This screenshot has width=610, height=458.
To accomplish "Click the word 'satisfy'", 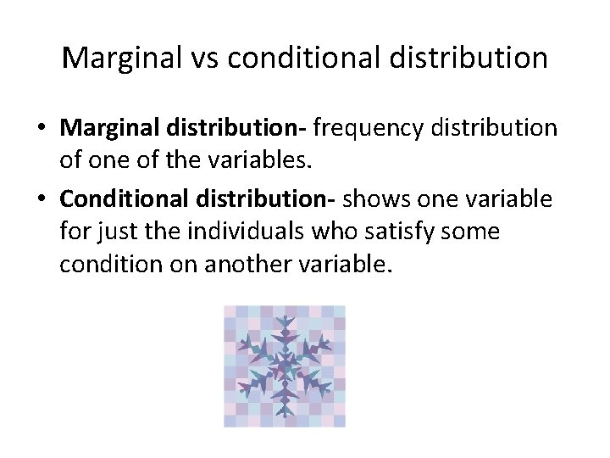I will tap(387, 232).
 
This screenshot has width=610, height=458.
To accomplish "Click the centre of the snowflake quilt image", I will tap(284, 366).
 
